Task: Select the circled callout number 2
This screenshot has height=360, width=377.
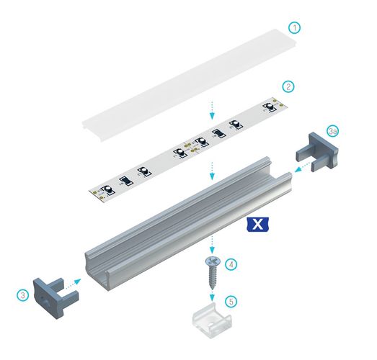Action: (x=288, y=86)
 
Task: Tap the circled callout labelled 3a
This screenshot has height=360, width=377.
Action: (x=332, y=132)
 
